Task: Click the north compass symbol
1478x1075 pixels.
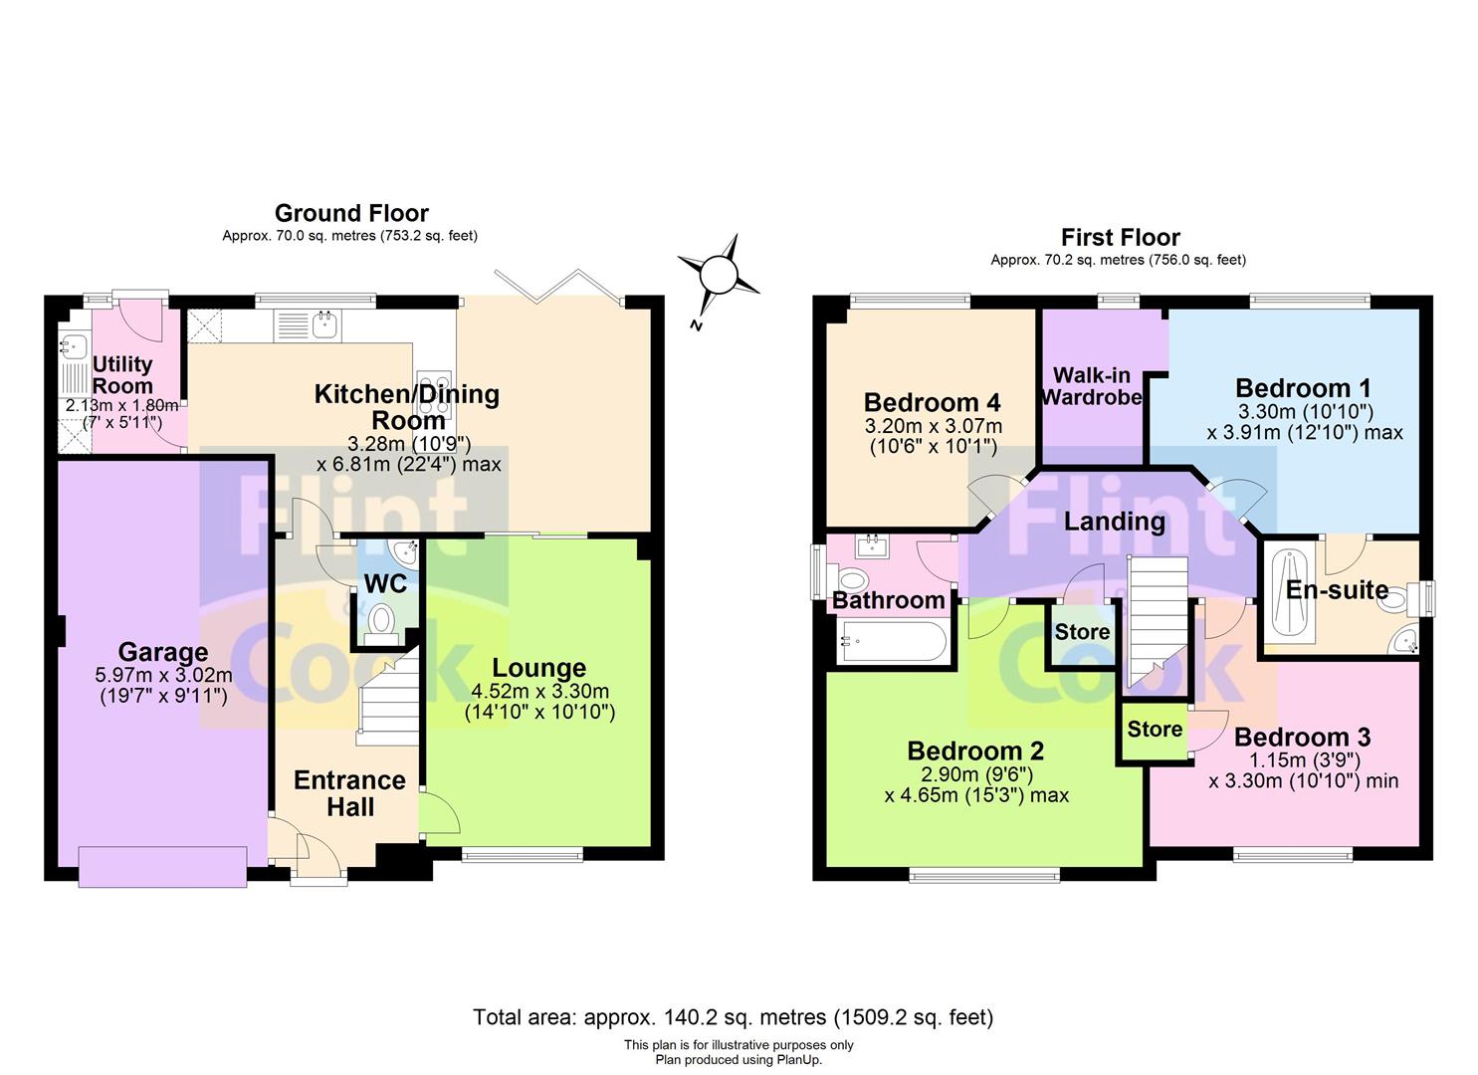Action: coord(718,274)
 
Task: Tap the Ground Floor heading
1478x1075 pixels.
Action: coord(351,213)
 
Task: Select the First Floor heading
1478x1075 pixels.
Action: coord(1120,237)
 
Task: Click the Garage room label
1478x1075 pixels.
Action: coord(163,653)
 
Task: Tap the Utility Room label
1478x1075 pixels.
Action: coord(122,374)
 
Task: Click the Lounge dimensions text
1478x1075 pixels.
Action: coord(539,702)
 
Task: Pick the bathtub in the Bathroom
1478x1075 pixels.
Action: coord(891,642)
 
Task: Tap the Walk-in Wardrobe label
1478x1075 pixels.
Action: coord(1092,386)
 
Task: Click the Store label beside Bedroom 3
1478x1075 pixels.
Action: coord(1155,730)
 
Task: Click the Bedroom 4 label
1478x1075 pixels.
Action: coord(932,403)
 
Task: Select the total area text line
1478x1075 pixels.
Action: coord(733,1017)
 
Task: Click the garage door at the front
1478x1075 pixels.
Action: coord(162,866)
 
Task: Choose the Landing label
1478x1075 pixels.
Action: coord(1114,522)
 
